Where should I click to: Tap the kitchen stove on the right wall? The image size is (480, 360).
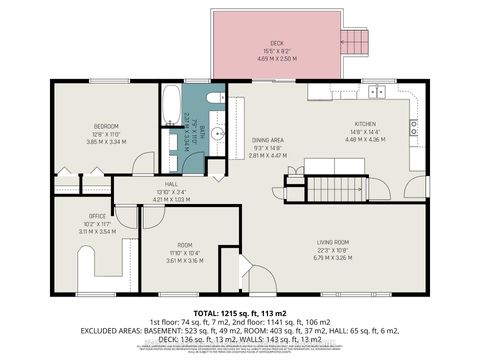pos(414,128)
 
